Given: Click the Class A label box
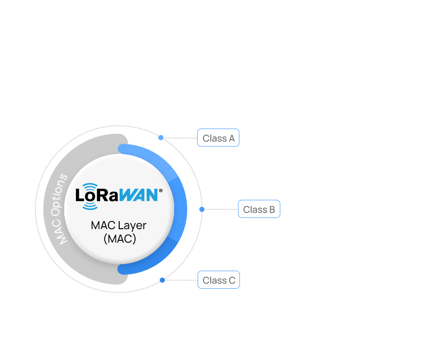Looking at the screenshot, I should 218,138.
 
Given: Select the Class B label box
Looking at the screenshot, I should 259,210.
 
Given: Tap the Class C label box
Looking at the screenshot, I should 219,280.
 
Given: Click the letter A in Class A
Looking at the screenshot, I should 231,138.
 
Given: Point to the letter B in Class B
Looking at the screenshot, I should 272,210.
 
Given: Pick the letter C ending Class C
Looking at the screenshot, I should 232,280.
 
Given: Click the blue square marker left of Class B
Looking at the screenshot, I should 202,209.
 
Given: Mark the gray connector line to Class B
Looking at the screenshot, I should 221,210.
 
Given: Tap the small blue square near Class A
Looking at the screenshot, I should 161,137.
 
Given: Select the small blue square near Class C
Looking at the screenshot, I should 162,280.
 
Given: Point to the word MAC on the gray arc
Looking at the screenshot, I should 62,232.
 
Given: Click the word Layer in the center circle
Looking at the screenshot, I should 132,225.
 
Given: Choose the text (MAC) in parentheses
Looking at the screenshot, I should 119,238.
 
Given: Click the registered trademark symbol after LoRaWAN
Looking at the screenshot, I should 161,190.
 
